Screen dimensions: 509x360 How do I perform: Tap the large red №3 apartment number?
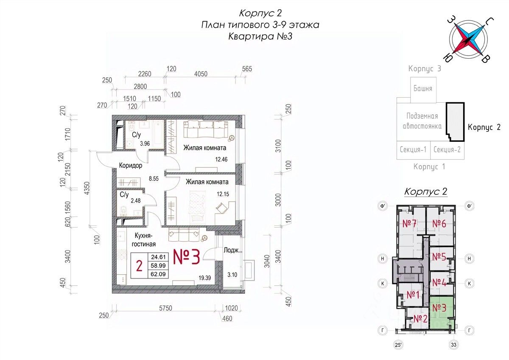[x=187, y=257]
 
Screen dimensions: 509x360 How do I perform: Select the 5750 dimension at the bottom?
[x=166, y=308]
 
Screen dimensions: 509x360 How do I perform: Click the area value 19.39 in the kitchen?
[x=205, y=278]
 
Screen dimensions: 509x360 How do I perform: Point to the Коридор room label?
[x=131, y=166]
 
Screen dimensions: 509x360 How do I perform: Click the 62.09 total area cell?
[x=158, y=274]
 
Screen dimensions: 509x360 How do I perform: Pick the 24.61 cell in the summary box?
[x=158, y=257]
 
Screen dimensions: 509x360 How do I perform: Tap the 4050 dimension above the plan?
[x=201, y=74]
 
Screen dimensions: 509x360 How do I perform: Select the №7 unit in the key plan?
[x=409, y=224]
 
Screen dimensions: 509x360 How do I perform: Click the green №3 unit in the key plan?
[x=439, y=308]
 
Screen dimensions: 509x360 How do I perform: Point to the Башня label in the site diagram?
[x=422, y=88]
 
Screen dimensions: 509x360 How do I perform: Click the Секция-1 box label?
[x=413, y=149]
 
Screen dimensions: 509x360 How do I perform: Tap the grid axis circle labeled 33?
[x=453, y=345]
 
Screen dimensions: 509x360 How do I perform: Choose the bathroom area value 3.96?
[x=145, y=143]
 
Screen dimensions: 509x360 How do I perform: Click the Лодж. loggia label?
[x=232, y=250]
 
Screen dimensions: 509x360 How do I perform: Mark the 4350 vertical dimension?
[x=87, y=188]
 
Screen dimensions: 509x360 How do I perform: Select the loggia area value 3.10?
[x=232, y=275]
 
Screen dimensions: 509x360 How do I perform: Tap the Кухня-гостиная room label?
[x=145, y=240]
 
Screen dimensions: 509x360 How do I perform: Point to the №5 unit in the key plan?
[x=439, y=257]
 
